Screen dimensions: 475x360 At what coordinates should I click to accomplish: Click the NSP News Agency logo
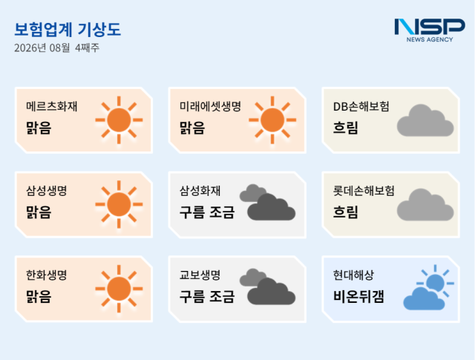pyautogui.click(x=430, y=30)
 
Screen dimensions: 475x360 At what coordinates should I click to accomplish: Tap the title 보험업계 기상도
pyautogui.click(x=68, y=30)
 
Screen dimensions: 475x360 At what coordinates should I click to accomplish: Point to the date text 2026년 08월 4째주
pyautogui.click(x=56, y=48)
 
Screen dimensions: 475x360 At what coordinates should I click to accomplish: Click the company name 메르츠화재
pyautogui.click(x=52, y=106)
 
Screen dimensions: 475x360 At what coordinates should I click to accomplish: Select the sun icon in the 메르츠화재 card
pyautogui.click(x=119, y=120)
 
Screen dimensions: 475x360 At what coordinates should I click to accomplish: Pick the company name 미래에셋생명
pyautogui.click(x=210, y=106)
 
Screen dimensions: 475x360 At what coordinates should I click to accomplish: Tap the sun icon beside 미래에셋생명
pyautogui.click(x=272, y=120)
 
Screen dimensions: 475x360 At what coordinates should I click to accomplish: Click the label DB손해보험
pyautogui.click(x=361, y=106)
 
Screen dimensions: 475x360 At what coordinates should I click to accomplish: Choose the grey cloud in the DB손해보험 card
pyautogui.click(x=425, y=120)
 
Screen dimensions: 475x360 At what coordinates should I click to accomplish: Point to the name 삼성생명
pyautogui.click(x=46, y=191)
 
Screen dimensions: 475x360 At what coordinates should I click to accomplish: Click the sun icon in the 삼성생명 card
pyautogui.click(x=119, y=204)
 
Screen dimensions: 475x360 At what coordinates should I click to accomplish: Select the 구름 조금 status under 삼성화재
pyautogui.click(x=207, y=212)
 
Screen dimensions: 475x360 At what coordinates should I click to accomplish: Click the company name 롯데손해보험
pyautogui.click(x=364, y=191)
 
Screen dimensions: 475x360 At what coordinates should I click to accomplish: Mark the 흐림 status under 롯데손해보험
pyautogui.click(x=346, y=212)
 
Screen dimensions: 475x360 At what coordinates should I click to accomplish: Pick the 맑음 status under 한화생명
pyautogui.click(x=39, y=296)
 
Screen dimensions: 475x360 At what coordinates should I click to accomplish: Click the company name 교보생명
pyautogui.click(x=200, y=275)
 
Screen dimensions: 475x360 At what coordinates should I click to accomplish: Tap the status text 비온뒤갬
pyautogui.click(x=358, y=296)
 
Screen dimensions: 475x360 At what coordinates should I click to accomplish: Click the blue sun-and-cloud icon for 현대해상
pyautogui.click(x=429, y=287)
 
